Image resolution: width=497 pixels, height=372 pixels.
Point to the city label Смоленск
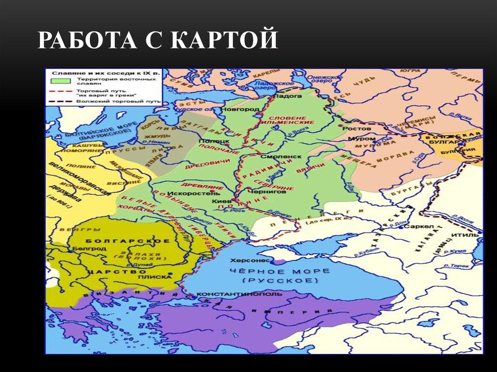pyautogui.click(x=274, y=158)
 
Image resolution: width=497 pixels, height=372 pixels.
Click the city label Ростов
pyautogui.click(x=353, y=129)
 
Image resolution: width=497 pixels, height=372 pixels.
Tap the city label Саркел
pyautogui.click(x=415, y=226)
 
